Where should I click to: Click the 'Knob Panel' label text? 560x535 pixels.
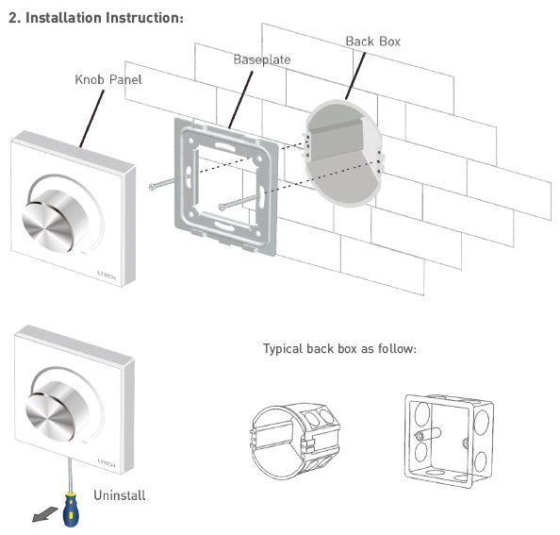[x=108, y=79]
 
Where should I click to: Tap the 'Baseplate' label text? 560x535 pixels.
[x=262, y=59]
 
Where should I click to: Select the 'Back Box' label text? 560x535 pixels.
[x=372, y=42]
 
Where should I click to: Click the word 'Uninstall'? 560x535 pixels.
[x=120, y=495]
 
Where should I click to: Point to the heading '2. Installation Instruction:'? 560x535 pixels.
[x=96, y=18]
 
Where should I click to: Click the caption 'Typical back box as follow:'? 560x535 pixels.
[x=339, y=348]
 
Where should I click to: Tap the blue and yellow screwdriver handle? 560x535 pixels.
[x=71, y=509]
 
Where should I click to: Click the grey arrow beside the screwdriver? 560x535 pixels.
[x=44, y=514]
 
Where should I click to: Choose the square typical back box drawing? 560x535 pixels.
[x=450, y=441]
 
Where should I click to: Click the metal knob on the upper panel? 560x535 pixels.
[x=56, y=220]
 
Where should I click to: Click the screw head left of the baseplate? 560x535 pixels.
[x=152, y=187]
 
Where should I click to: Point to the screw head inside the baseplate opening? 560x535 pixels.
[x=222, y=207]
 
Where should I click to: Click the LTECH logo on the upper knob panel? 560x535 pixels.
[x=107, y=275]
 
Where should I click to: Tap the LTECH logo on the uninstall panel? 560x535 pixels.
[x=107, y=463]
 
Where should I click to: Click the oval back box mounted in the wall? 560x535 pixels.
[x=343, y=153]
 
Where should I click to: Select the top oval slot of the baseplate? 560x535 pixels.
[x=222, y=146]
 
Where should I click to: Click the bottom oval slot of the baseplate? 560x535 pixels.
[x=224, y=226]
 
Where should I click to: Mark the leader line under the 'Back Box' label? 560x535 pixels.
[x=355, y=76]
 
